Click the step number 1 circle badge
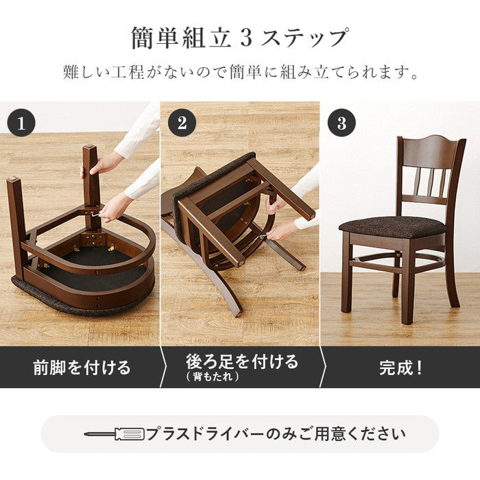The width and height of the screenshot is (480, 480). (x=21, y=123)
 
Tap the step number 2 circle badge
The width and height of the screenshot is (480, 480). (x=182, y=123)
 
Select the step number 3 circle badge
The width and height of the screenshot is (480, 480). (x=341, y=123)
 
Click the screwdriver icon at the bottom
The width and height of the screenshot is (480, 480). (x=115, y=434)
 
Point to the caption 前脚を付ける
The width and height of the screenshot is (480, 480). (x=82, y=368)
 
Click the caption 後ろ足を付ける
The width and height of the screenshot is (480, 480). (x=242, y=361)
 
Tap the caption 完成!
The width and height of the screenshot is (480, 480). (x=400, y=368)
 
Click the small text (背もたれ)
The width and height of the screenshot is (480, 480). (x=213, y=376)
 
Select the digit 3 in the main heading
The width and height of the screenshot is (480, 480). (x=245, y=38)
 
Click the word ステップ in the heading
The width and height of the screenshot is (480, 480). (x=304, y=38)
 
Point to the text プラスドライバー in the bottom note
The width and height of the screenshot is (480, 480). (x=206, y=434)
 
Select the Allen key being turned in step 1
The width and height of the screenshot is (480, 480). (x=95, y=215)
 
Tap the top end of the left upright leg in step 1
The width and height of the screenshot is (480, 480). (x=13, y=179)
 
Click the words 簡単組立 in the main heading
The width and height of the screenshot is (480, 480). (x=181, y=38)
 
